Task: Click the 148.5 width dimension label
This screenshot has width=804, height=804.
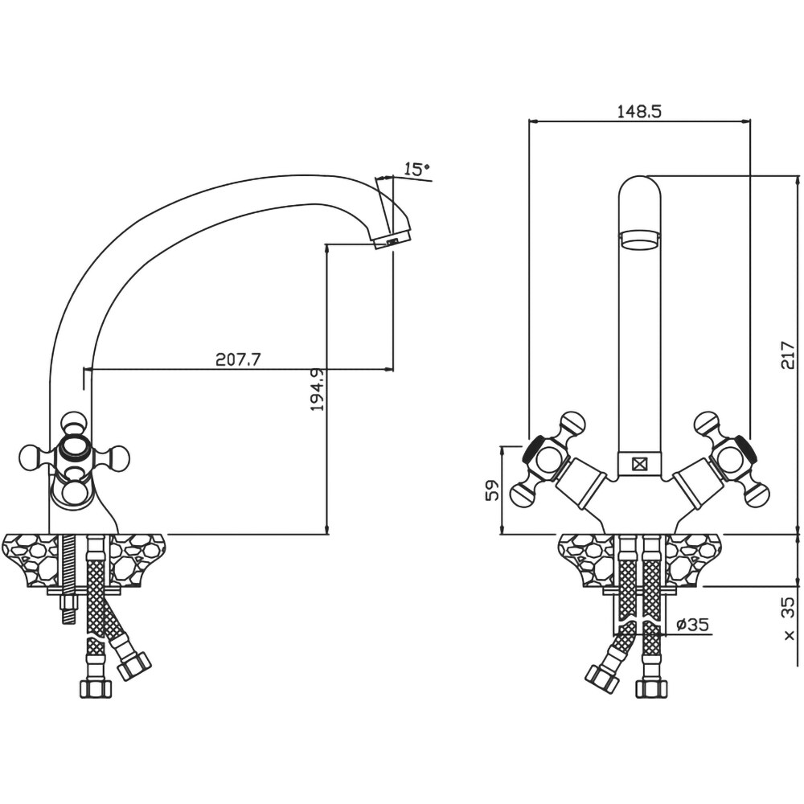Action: [x=639, y=111]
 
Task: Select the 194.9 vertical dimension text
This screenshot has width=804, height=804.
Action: [x=318, y=389]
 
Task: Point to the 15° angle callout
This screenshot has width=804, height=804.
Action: [x=416, y=168]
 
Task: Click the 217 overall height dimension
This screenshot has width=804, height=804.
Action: [x=788, y=355]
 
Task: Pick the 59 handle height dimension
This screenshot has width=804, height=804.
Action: [x=492, y=490]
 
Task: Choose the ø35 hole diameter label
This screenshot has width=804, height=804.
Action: [x=693, y=624]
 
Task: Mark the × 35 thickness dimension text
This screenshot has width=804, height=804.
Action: [x=790, y=618]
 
